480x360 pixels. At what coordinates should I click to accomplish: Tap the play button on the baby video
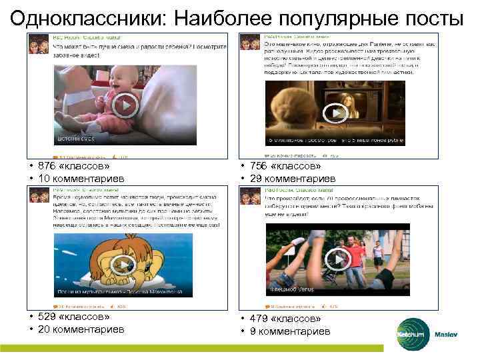(x=125, y=105)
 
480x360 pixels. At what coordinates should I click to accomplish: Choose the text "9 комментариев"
(x=291, y=331)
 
